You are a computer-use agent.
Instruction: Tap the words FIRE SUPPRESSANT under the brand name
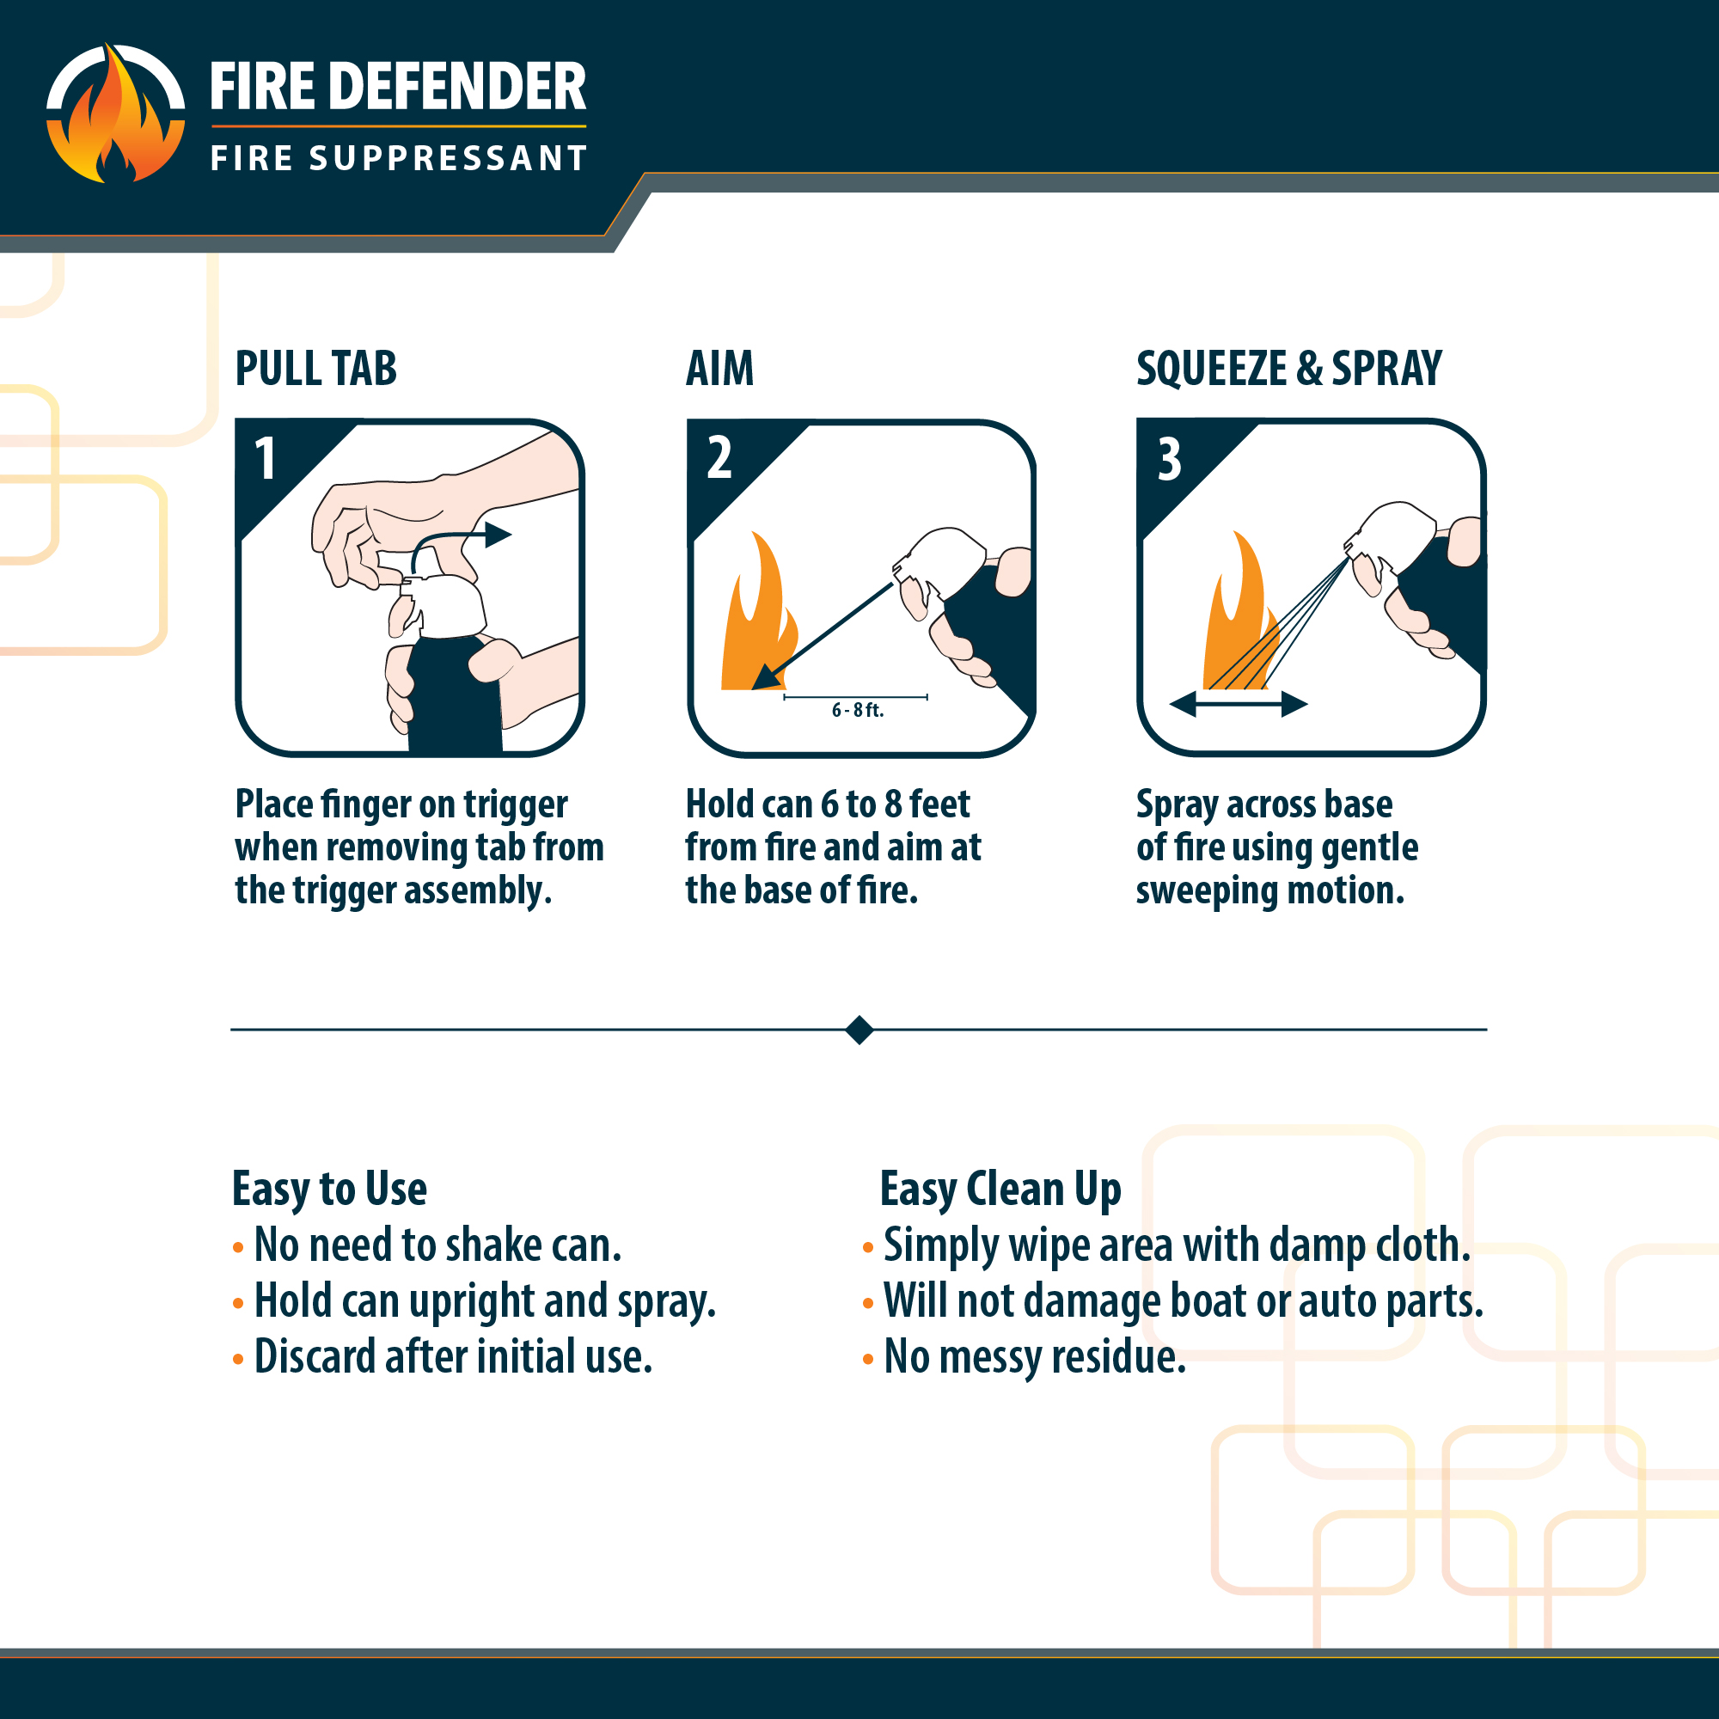click(x=399, y=158)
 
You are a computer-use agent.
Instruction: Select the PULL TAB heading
click(x=315, y=369)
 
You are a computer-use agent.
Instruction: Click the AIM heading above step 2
click(x=719, y=369)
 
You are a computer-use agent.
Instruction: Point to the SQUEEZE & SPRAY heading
click(x=1289, y=369)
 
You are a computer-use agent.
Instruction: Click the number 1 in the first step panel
click(x=265, y=459)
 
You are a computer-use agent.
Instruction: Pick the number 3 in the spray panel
click(x=1169, y=459)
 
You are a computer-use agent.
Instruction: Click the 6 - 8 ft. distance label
click(x=858, y=710)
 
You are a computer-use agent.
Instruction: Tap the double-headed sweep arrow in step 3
click(x=1239, y=706)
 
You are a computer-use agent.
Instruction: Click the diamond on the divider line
click(x=859, y=1030)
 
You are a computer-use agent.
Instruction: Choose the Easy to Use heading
click(x=329, y=1190)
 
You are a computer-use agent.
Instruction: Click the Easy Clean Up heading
click(x=1000, y=1190)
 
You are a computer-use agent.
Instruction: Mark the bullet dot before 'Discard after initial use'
click(x=237, y=1360)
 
